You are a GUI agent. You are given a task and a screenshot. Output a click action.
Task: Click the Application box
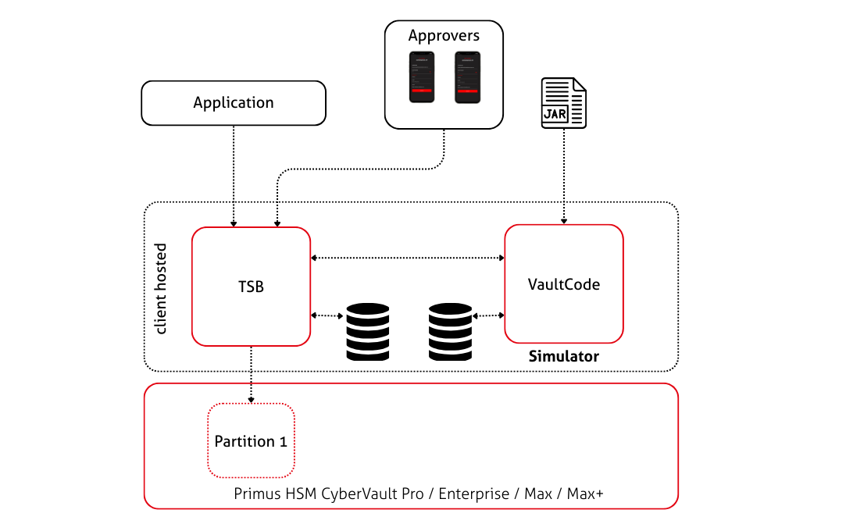click(x=233, y=103)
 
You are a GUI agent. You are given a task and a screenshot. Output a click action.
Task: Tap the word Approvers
click(x=444, y=36)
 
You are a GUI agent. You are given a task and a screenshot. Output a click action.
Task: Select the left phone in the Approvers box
click(x=421, y=77)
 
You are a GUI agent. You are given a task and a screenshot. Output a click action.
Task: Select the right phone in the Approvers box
click(x=467, y=77)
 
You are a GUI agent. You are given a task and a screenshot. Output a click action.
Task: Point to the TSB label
click(x=251, y=287)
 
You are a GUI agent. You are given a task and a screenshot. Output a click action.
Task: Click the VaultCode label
click(x=564, y=284)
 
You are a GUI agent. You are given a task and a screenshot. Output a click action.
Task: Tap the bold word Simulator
click(x=564, y=357)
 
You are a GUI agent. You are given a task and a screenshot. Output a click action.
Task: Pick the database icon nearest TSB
click(x=367, y=331)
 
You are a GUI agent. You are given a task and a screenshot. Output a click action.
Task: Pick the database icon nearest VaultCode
click(x=451, y=331)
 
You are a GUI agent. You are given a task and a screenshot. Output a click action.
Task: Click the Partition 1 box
click(x=251, y=441)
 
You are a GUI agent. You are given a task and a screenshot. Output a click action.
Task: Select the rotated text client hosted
click(x=162, y=289)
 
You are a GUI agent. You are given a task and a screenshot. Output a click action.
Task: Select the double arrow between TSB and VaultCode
click(x=407, y=257)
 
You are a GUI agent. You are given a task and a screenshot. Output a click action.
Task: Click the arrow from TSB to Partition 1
click(x=251, y=375)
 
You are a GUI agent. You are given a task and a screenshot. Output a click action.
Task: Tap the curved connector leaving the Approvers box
click(x=359, y=168)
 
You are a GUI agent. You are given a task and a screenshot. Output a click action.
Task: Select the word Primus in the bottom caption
click(x=255, y=495)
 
